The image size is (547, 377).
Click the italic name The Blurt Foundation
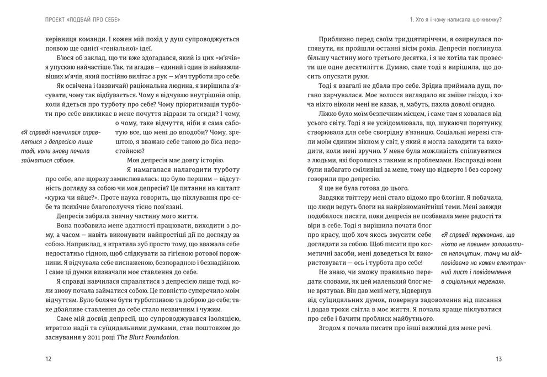point(147,339)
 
